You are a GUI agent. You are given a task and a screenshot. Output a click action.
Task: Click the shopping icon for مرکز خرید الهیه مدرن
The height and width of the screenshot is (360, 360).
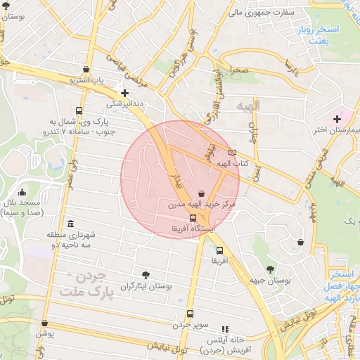tap(202, 193)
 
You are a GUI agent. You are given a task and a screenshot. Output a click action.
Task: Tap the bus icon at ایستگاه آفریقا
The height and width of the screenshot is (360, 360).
tap(193, 218)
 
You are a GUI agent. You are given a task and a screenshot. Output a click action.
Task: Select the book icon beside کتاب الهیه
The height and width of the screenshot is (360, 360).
tap(233, 152)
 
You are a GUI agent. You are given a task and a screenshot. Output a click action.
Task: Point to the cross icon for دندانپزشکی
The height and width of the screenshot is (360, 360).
tap(124, 92)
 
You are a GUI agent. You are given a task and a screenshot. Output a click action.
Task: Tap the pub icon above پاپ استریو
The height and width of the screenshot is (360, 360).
tap(86, 70)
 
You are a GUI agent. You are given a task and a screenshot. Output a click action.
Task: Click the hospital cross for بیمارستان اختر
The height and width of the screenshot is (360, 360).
tap(337, 119)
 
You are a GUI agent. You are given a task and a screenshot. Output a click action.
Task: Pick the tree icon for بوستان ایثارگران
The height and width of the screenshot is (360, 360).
tap(146, 275)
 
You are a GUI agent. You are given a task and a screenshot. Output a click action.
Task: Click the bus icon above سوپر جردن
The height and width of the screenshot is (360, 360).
tap(190, 314)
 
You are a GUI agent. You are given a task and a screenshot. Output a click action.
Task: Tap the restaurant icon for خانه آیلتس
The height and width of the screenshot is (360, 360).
tap(225, 328)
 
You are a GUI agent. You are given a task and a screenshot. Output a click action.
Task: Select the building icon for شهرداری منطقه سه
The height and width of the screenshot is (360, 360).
tap(69, 222)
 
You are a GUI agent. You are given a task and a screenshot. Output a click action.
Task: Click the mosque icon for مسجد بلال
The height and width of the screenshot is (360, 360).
tap(22, 192)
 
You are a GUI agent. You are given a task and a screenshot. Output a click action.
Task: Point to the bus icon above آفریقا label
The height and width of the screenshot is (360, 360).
tap(219, 250)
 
